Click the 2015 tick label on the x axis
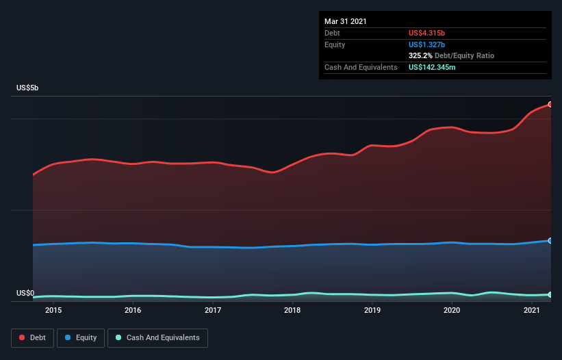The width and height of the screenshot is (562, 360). (53, 310)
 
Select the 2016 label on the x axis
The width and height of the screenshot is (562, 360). (133, 310)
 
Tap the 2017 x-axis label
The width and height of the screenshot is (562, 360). (213, 310)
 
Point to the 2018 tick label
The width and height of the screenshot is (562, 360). (292, 310)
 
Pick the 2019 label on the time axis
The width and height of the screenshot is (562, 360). (372, 310)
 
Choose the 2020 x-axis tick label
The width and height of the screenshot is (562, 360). (452, 310)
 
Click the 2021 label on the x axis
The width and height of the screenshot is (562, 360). (532, 310)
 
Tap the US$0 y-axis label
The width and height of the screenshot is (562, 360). (25, 294)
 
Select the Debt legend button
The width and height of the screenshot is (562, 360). (31, 337)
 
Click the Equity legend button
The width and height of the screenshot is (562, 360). (81, 337)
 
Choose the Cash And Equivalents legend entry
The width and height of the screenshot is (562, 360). (157, 337)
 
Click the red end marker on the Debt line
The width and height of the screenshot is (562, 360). (550, 104)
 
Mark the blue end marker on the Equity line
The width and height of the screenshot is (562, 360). (550, 240)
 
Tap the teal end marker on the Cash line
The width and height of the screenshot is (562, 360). (550, 294)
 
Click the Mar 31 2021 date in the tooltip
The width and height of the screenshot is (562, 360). (346, 21)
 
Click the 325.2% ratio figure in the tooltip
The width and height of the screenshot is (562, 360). (420, 55)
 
